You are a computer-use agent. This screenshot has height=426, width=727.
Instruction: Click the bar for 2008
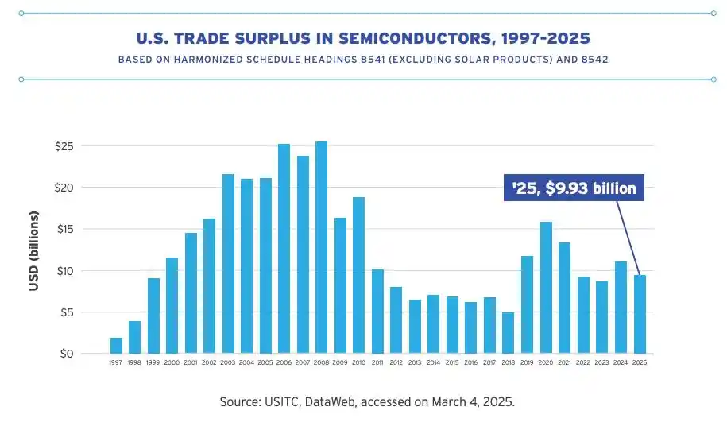click(x=321, y=247)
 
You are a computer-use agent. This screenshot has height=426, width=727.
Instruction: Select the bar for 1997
click(x=116, y=346)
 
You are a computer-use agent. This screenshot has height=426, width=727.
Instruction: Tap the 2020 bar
click(x=546, y=288)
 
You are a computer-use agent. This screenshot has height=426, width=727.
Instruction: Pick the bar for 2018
click(x=509, y=333)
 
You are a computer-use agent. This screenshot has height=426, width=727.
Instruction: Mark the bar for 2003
click(x=228, y=264)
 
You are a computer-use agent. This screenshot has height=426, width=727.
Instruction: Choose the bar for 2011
click(x=377, y=312)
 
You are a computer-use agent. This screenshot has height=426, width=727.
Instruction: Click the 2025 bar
click(x=640, y=314)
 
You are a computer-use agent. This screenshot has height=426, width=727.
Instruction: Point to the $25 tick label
click(x=64, y=146)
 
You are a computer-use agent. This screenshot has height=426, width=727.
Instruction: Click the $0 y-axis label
click(x=66, y=354)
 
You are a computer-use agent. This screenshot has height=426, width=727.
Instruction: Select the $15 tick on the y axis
click(x=64, y=230)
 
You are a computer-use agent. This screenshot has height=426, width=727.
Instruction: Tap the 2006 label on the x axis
click(x=284, y=362)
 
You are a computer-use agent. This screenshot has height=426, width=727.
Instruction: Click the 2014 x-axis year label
click(x=434, y=362)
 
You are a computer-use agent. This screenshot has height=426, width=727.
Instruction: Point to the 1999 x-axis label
click(x=153, y=362)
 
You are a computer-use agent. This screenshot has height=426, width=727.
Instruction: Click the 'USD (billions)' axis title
click(x=33, y=251)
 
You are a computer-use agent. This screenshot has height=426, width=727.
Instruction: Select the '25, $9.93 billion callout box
click(x=574, y=188)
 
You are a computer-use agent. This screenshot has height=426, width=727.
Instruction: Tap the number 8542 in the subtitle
click(x=595, y=60)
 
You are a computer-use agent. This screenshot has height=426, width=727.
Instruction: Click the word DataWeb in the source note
click(x=331, y=401)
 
